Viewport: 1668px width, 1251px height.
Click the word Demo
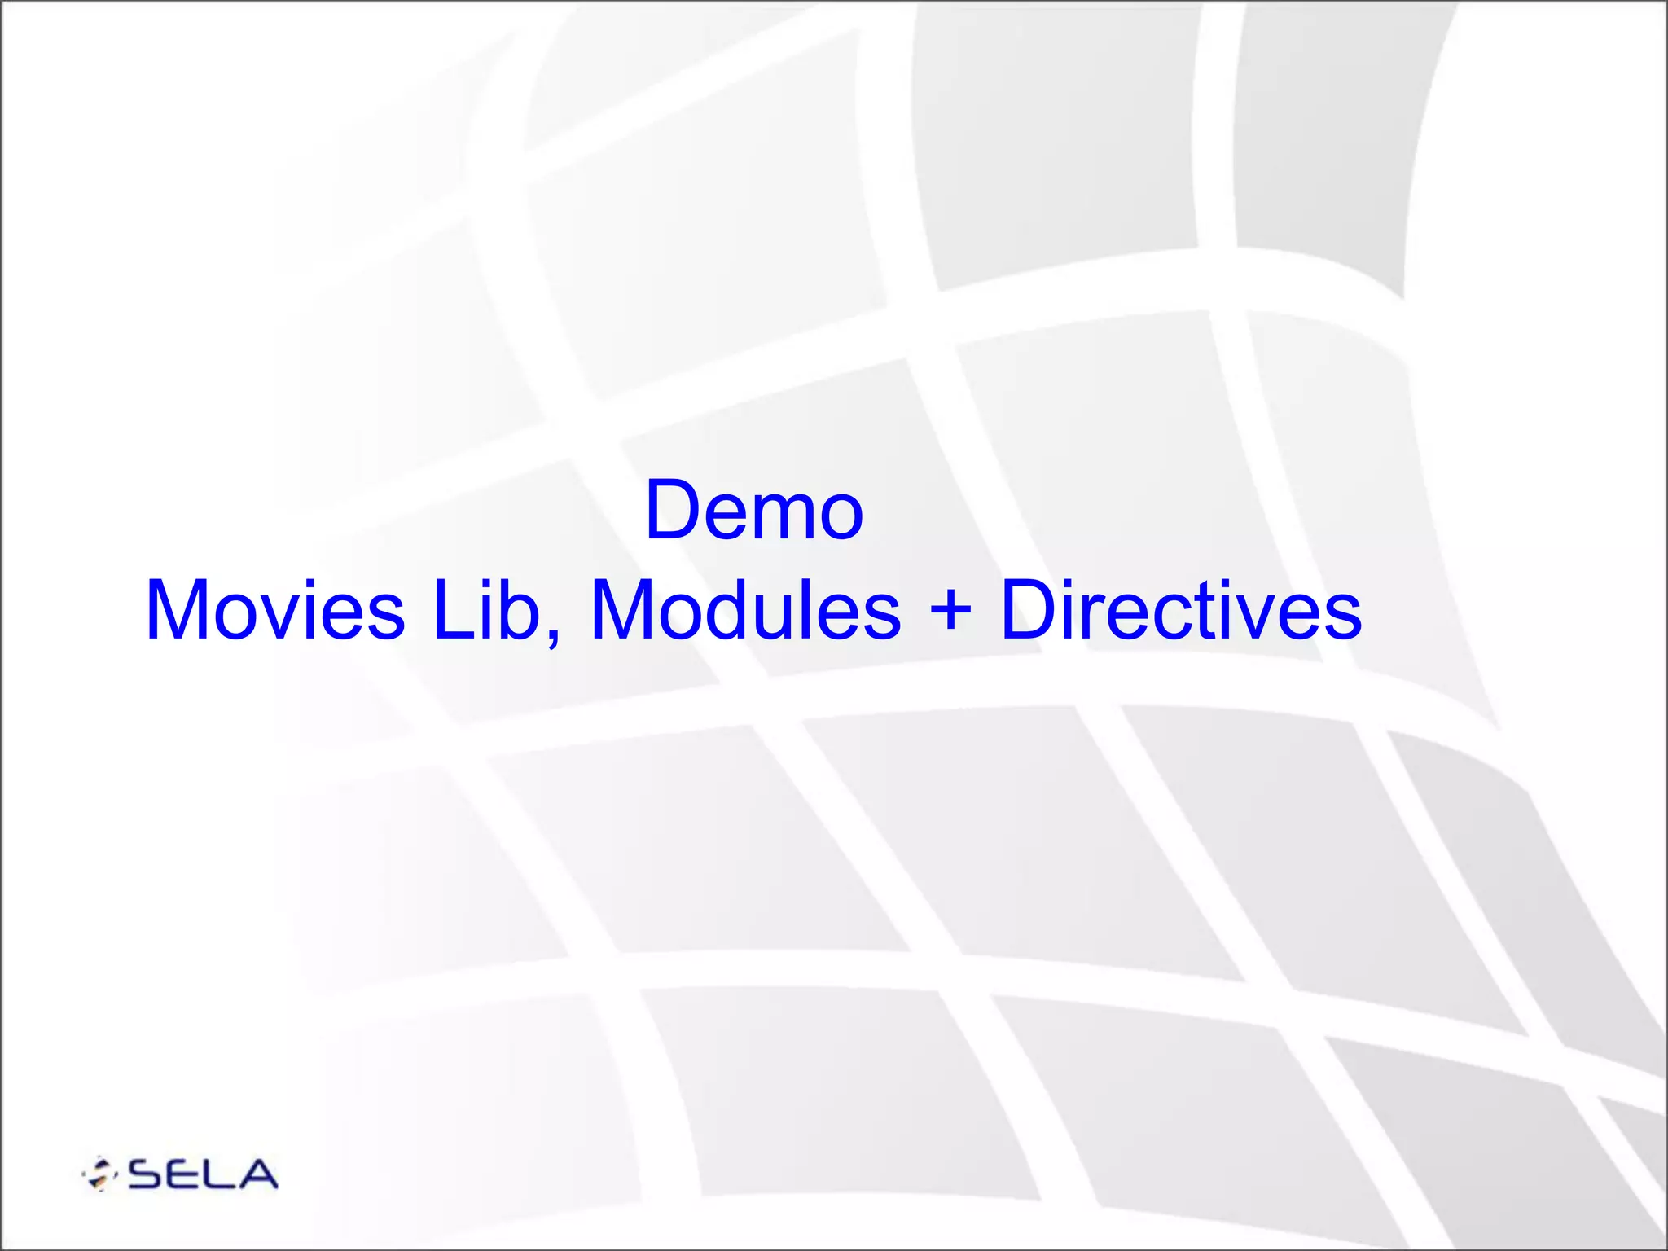753,511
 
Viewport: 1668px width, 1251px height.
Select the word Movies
274,610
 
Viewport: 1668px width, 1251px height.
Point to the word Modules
744,610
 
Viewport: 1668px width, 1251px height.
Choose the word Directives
1180,610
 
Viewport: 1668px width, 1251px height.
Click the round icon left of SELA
99,1174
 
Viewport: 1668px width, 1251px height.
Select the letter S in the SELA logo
147,1174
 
